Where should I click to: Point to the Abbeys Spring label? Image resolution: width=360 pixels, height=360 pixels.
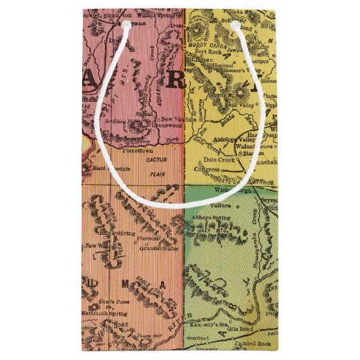click(215, 210)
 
